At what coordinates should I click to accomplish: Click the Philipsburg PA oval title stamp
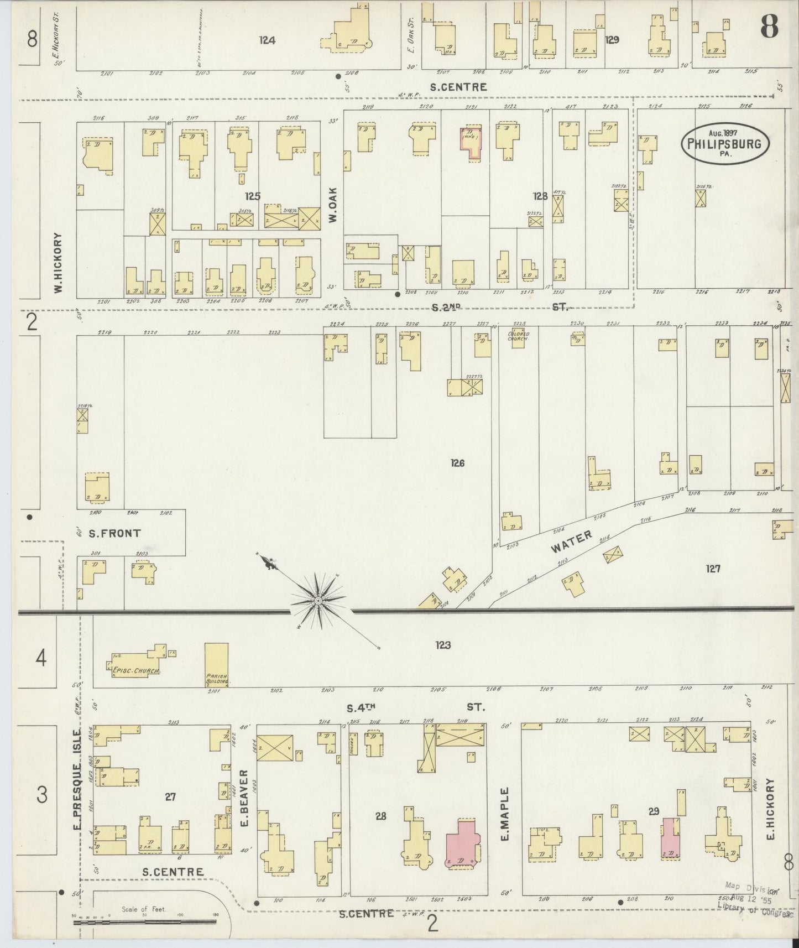[724, 143]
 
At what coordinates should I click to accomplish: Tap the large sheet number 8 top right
[769, 26]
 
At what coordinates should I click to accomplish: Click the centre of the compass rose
[318, 601]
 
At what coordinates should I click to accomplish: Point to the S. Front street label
[115, 533]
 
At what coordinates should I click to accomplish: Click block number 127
[713, 568]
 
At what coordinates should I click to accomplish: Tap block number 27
[170, 796]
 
